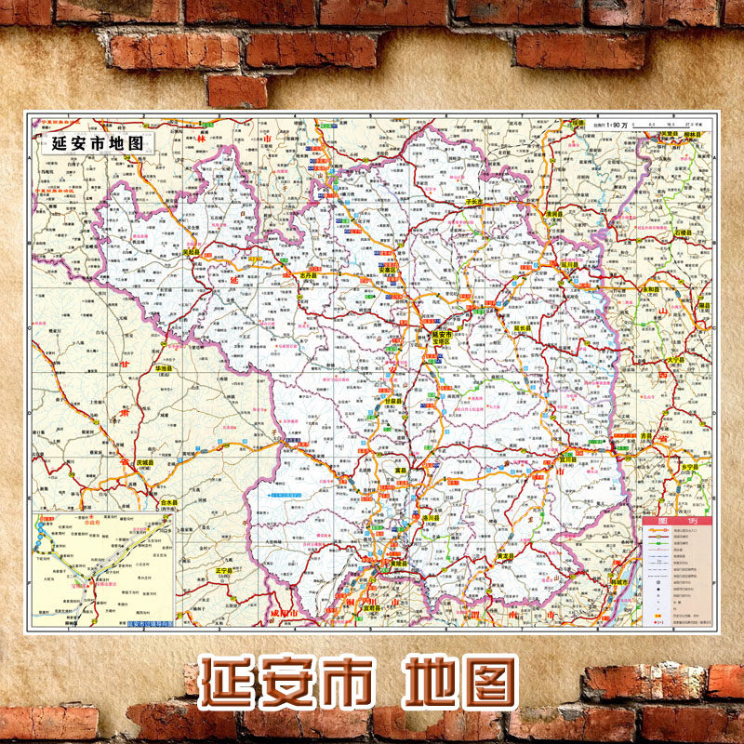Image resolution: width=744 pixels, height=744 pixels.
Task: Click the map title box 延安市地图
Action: (x=99, y=144)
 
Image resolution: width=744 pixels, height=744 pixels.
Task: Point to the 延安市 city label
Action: (x=441, y=334)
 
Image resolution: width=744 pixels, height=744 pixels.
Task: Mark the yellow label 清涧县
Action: (x=555, y=214)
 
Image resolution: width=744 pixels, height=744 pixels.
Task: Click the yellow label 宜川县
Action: (x=567, y=458)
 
